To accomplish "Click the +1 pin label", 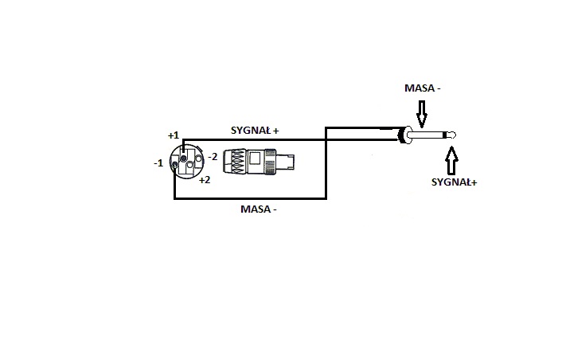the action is pos(174,135).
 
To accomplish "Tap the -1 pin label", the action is pos(158,163).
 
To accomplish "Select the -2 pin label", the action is pos(213,157).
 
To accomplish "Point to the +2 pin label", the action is pos(205,180).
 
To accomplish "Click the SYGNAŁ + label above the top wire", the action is pos(255,131).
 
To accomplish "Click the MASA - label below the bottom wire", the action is pos(259,209).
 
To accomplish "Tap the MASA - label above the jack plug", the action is pos(423,88).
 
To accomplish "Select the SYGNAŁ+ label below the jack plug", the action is pos(454,182).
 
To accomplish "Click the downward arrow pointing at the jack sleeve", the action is pos(422,114).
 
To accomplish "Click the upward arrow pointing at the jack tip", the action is pos(451,160).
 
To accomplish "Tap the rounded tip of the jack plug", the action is pos(452,135).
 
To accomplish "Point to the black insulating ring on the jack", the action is pos(446,135).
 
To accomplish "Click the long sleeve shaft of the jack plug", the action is pos(427,135).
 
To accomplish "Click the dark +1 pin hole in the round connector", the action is pos(184,158).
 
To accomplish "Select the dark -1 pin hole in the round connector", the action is pos(174,165).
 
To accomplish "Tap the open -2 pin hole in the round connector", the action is pos(198,158).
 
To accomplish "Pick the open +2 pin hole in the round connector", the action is pos(190,165).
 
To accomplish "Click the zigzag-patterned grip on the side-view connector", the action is pos(234,161).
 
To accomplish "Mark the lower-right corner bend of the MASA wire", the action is pos(326,198).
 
